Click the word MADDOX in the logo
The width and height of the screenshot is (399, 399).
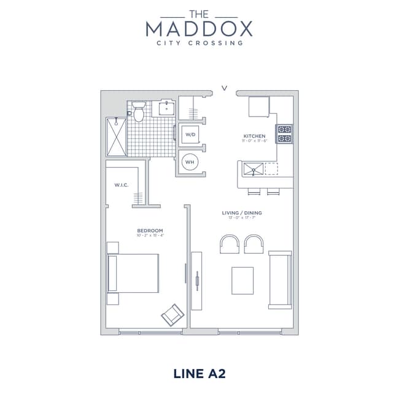[x=199, y=28]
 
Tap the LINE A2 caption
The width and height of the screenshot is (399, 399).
[x=199, y=373]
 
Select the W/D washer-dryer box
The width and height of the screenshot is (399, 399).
[x=190, y=134]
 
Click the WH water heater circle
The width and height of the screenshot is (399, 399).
[x=190, y=162]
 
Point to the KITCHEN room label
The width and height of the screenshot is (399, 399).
[x=254, y=136]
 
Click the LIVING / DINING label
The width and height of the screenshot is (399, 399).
[x=242, y=213]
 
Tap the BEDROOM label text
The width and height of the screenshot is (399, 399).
[x=150, y=230]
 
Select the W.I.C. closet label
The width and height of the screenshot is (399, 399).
[x=121, y=185]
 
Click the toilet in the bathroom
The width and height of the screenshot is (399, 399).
[x=139, y=112]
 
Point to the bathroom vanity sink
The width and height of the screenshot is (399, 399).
[x=166, y=109]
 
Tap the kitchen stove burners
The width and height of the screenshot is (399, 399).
[x=284, y=134]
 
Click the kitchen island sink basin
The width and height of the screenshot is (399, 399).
[x=252, y=168]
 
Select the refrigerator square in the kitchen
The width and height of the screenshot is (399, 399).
[x=258, y=107]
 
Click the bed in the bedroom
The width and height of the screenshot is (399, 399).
[x=133, y=273]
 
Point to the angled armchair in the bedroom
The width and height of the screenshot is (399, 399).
[x=172, y=314]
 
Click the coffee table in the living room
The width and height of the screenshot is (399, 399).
[x=243, y=281]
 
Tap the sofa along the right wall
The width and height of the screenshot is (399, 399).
[x=280, y=279]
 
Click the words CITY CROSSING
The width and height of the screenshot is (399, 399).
[x=199, y=43]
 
